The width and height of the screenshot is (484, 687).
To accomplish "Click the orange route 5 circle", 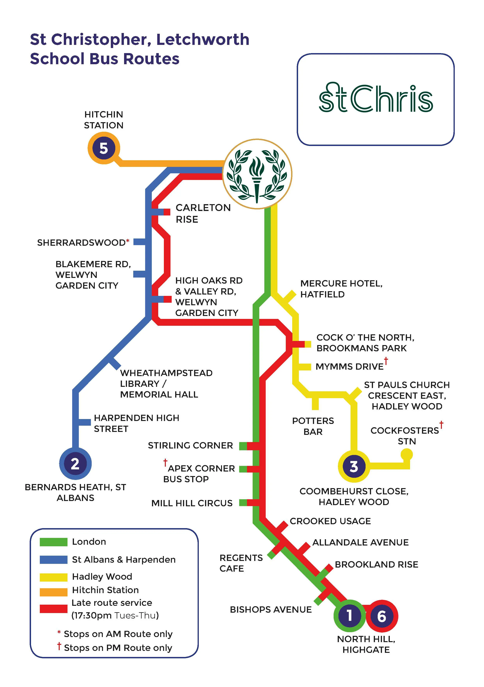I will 104,148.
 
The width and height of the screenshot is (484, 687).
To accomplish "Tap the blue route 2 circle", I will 75,464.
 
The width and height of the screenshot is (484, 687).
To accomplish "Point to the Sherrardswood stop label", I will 81,242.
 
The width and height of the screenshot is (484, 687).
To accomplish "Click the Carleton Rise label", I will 203,213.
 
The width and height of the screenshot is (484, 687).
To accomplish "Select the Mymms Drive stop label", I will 349,367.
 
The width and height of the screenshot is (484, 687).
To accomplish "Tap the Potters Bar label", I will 313,426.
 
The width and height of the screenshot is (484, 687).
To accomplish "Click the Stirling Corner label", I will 190,446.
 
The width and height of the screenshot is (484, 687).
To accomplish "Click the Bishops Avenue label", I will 271,610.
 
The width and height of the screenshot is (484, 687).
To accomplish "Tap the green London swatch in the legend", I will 53,542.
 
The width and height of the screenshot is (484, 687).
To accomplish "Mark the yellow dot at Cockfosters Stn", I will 407,455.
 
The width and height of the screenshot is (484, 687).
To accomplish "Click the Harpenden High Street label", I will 136,423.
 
